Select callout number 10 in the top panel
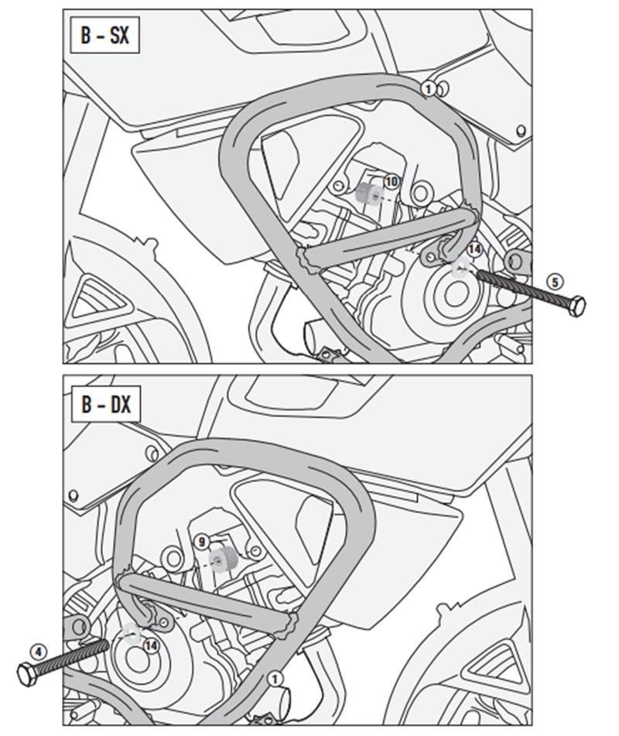tap(391, 182)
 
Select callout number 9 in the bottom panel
tap(201, 542)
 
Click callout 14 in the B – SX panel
tap(474, 249)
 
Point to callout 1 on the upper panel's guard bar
tap(428, 89)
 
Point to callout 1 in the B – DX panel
tap(273, 679)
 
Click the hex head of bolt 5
tap(576, 306)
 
